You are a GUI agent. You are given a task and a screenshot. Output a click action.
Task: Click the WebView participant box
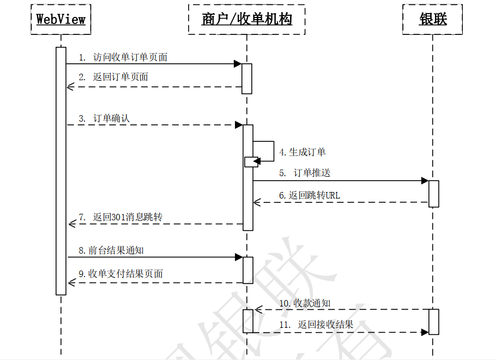click(61, 20)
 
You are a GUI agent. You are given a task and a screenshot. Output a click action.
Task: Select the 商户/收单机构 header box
click(246, 20)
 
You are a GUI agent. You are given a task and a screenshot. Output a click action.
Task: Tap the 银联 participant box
click(433, 20)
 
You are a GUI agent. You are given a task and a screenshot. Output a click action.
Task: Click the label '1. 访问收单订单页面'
click(123, 57)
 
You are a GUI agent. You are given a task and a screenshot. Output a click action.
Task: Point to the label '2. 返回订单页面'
click(113, 77)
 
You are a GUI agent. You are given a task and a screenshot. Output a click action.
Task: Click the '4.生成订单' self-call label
click(303, 152)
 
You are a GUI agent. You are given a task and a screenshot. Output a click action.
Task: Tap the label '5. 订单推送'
click(305, 173)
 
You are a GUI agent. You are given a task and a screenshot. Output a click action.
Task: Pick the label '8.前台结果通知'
click(111, 250)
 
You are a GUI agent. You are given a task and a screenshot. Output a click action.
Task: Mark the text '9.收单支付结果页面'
click(120, 274)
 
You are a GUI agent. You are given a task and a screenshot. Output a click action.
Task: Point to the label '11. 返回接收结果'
click(316, 325)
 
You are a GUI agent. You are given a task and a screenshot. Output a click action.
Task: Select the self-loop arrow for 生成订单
click(265, 150)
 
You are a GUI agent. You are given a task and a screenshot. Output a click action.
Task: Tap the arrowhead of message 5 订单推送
click(425, 181)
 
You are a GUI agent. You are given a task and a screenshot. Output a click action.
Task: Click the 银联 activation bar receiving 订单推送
click(434, 194)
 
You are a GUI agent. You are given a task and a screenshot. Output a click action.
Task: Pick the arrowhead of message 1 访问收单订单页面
click(238, 64)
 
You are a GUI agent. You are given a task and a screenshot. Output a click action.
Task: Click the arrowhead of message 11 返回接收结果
click(425, 332)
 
